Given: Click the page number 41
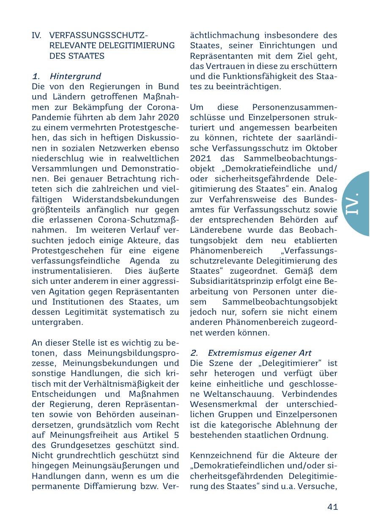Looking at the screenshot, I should (332, 507).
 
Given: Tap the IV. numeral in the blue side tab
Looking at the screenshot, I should (351, 203).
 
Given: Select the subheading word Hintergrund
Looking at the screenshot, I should (75, 76).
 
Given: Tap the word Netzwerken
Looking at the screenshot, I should (123, 148).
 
